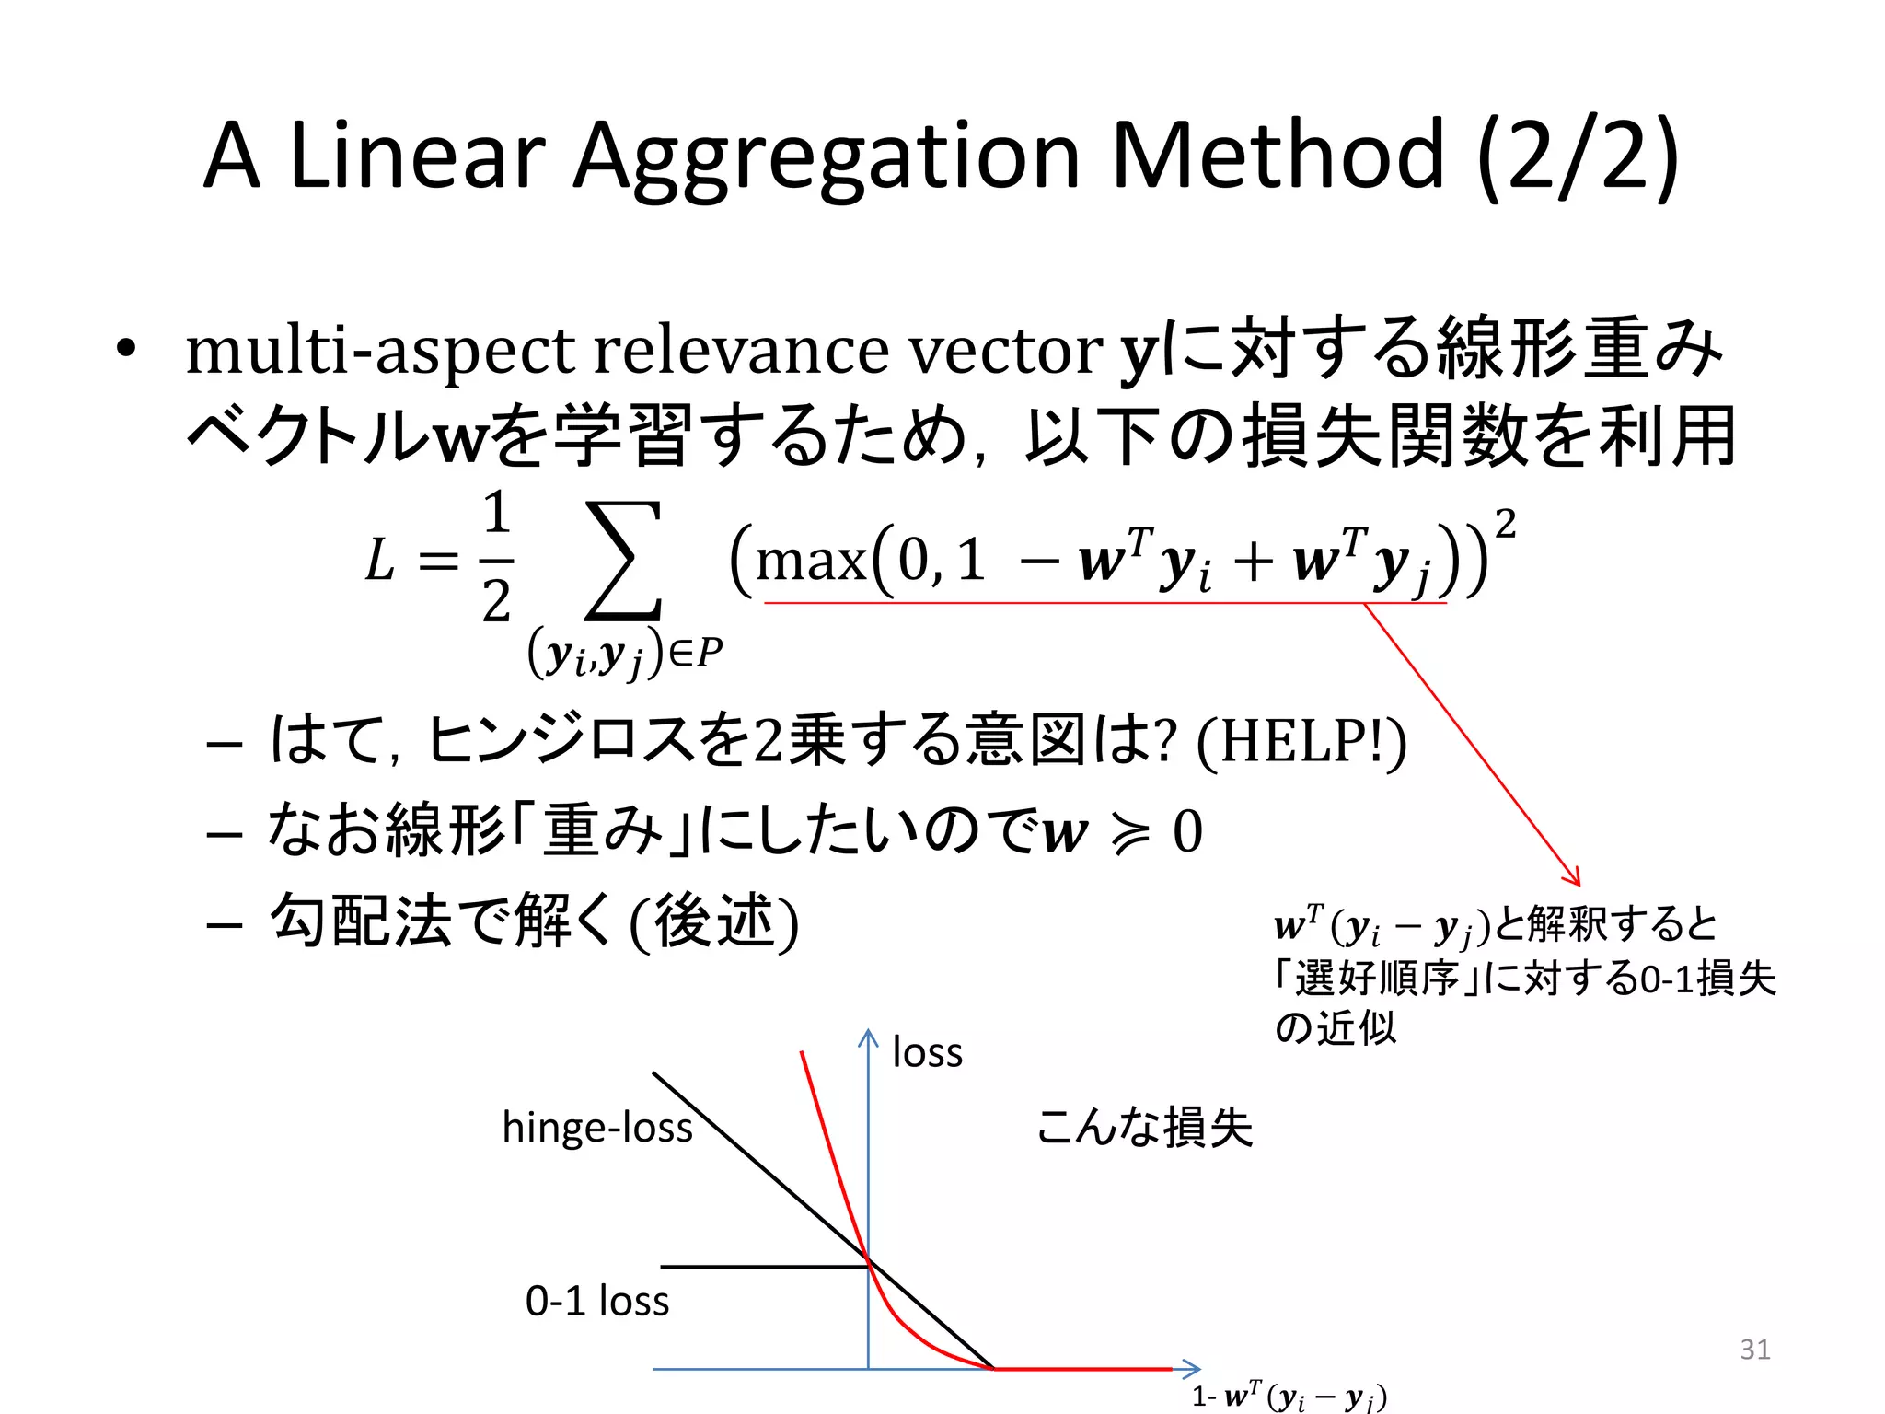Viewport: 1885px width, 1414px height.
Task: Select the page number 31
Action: pos(1755,1349)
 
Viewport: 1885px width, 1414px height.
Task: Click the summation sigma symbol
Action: pos(624,561)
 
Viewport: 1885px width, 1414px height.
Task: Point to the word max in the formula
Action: pos(811,561)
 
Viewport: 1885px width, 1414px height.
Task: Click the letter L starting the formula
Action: pos(380,561)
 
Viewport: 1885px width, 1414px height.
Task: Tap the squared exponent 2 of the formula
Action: pos(1505,525)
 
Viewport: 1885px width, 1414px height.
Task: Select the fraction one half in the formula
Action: pos(496,558)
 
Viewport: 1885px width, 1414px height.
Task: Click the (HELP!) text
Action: pos(1301,742)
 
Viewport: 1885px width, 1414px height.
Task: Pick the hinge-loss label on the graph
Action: pos(597,1128)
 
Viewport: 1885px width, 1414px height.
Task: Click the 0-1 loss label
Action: pos(597,1301)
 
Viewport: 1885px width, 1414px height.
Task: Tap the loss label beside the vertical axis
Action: pos(927,1052)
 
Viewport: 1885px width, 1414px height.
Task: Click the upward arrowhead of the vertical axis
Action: pos(868,1037)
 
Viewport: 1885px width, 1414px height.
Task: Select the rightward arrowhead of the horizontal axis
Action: pos(1192,1369)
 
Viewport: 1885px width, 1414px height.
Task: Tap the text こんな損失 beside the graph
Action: pos(1144,1128)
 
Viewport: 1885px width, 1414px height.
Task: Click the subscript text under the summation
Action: pos(625,655)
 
